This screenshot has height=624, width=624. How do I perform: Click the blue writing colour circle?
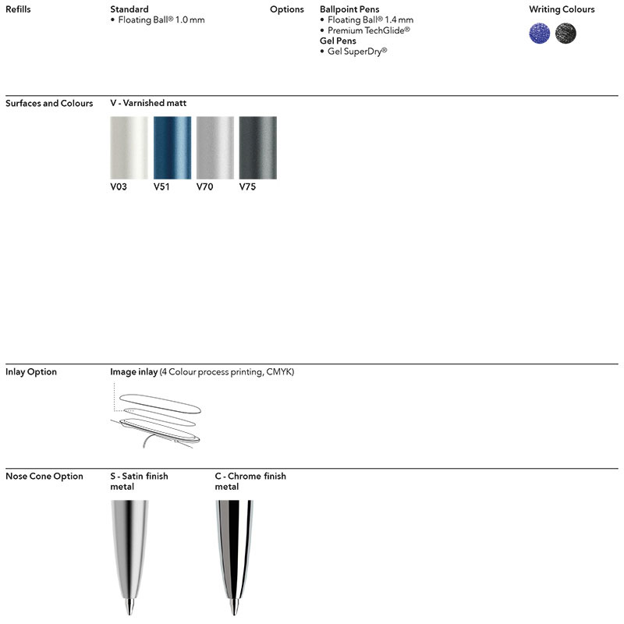coord(540,33)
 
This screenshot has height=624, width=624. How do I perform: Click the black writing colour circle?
coord(565,33)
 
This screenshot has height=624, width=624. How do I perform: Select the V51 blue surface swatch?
coord(172,148)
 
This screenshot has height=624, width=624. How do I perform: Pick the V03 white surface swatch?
coord(129,148)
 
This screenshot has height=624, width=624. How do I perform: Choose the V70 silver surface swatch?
coord(214,148)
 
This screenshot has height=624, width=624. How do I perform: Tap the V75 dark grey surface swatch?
coord(257,148)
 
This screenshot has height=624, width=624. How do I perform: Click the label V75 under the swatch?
coord(247,187)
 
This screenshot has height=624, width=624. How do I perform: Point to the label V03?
coord(119,187)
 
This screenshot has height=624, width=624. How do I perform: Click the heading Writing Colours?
coord(562,9)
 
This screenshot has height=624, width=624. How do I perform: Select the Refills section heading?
coord(19,9)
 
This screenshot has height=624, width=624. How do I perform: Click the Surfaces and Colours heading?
coord(49,103)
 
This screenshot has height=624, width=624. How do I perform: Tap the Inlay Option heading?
coord(31,372)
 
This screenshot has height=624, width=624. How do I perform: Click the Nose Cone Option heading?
coord(44,477)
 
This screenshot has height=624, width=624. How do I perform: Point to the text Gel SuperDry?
coord(357,51)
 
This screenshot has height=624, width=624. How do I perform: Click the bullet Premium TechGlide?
coord(369,30)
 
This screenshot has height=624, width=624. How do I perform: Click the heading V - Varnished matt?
coord(148,103)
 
